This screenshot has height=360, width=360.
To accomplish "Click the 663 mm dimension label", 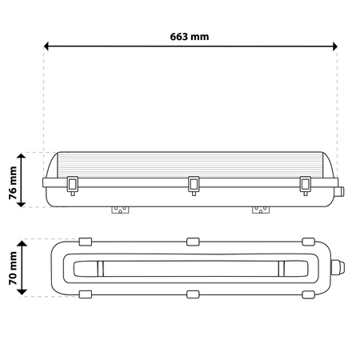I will point(190,36).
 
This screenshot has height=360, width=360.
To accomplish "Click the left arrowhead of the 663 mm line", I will point(48,47).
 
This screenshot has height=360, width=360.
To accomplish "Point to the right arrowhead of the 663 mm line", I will point(333,47).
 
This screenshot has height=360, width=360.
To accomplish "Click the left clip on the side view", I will point(73,184).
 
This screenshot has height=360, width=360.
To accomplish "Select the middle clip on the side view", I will point(193,184).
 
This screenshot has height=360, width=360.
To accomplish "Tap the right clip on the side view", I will point(304,184).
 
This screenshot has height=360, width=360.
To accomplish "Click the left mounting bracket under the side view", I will point(121,210).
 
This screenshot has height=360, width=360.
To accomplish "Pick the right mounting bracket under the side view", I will point(260,210).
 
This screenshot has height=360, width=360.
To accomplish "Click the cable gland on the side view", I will point(342,192).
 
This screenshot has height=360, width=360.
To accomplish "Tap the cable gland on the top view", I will point(342,267).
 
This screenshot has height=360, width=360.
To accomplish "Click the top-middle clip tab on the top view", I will point(192,241).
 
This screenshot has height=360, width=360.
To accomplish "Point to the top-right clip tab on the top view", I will point(308,241).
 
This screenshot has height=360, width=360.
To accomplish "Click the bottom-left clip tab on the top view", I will point(85,294).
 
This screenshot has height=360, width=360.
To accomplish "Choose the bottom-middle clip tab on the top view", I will point(192,294).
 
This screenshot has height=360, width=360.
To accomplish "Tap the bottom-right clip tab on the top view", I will point(308,294).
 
